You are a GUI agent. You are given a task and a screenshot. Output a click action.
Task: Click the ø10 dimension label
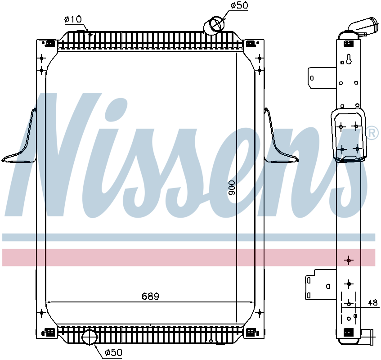coord(72,19)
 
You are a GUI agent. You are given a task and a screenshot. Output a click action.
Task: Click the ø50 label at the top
coord(239,6)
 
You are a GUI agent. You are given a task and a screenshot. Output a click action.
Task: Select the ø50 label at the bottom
coord(113,352)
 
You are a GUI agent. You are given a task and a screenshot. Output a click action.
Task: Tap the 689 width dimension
coord(151,296)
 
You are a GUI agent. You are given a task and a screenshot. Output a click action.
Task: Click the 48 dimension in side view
coord(372,303)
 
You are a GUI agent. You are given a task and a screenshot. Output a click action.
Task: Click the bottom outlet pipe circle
coord(90,337)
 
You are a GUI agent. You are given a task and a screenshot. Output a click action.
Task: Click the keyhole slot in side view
coord(349,59)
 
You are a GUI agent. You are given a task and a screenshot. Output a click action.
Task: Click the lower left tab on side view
coord(319,284)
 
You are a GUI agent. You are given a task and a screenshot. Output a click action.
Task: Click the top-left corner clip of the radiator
coord(50,44)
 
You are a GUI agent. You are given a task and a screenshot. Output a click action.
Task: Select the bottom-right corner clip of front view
coord(250,333)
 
